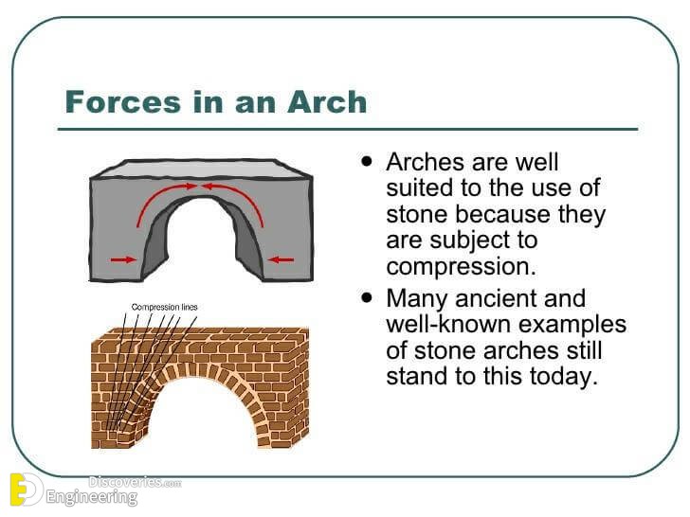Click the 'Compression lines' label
pyautogui.click(x=164, y=307)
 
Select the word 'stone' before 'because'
pyautogui.click(x=415, y=215)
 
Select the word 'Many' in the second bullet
pyautogui.click(x=418, y=298)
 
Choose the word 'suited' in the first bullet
pyautogui.click(x=417, y=188)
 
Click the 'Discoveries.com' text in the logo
pyautogui.click(x=134, y=482)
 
